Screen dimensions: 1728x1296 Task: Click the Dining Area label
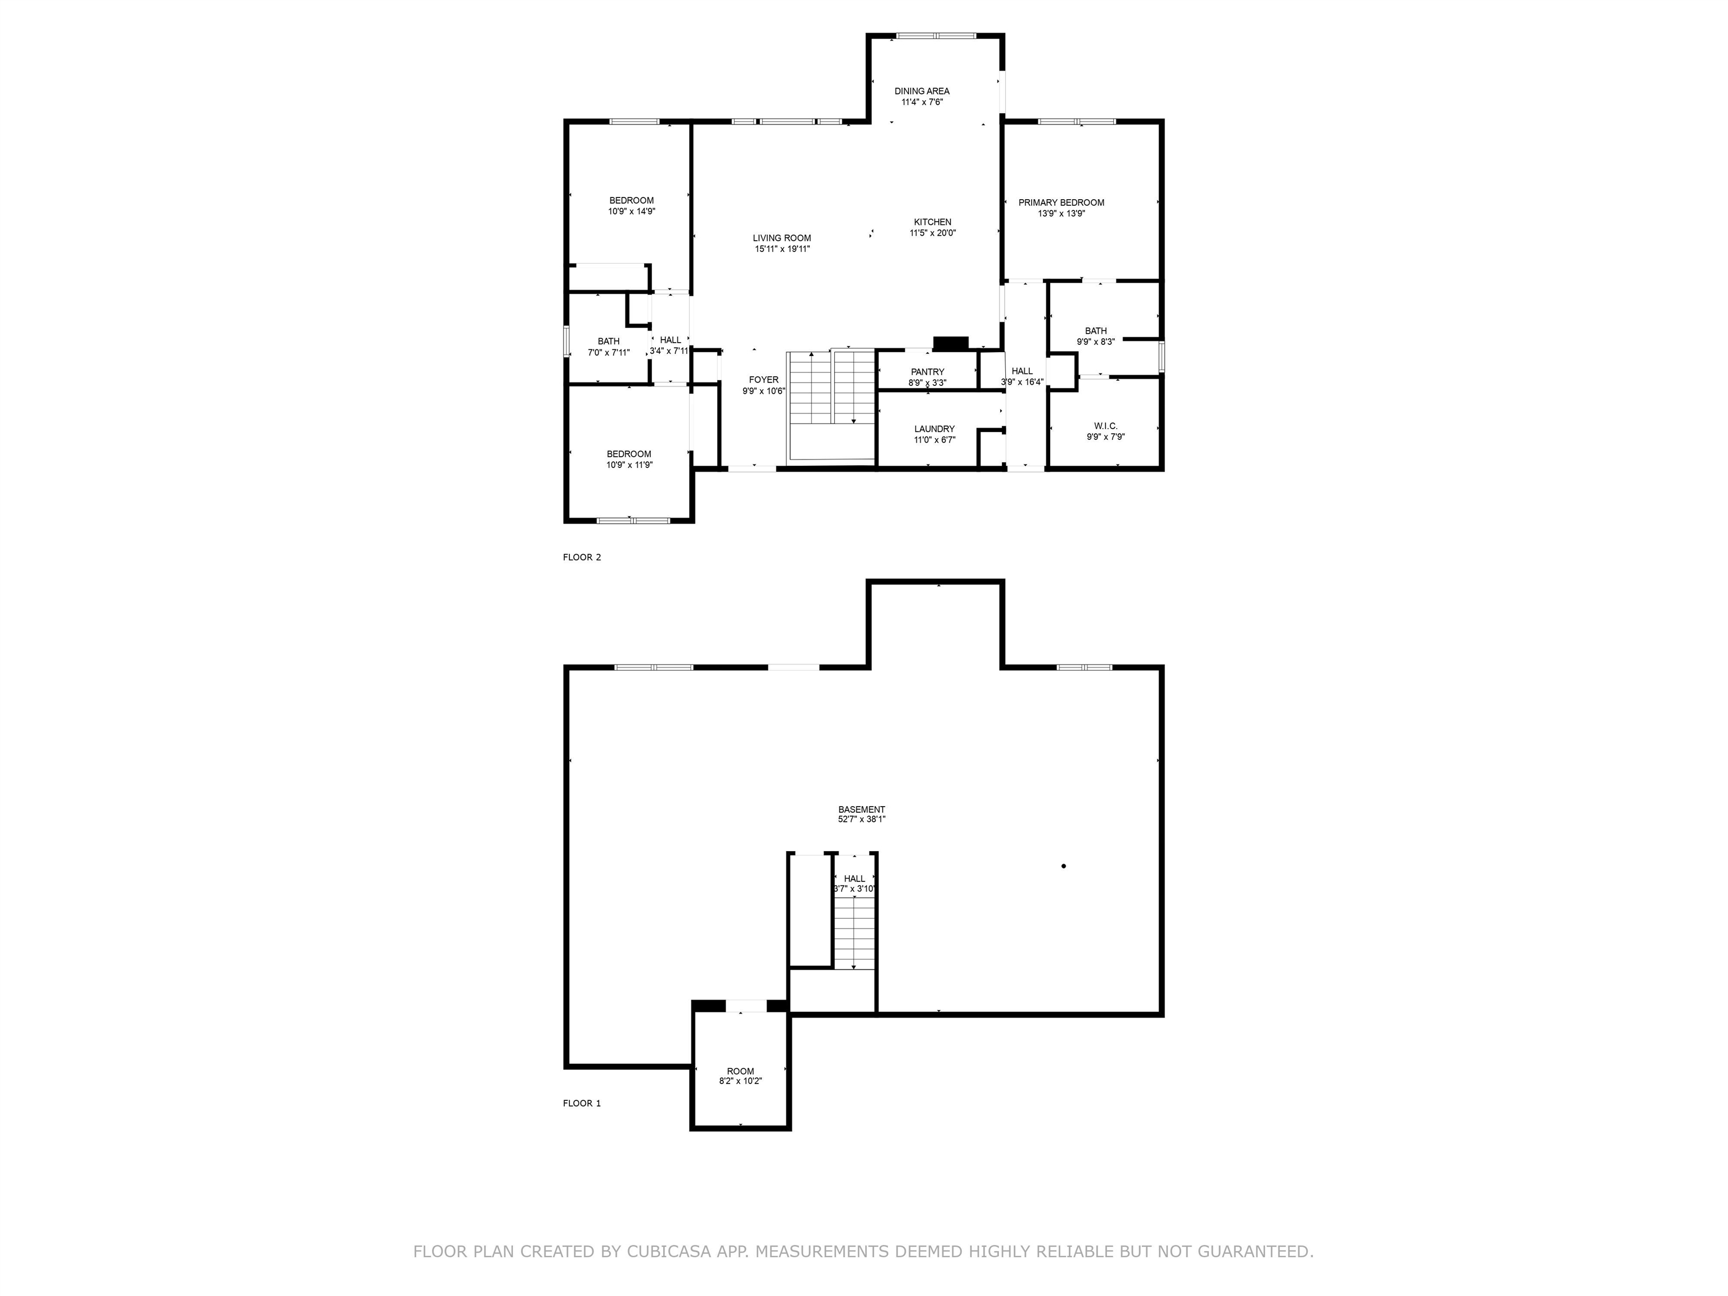[922, 91]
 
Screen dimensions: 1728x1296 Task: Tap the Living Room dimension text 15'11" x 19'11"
[782, 249]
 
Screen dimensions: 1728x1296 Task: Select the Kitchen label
[933, 222]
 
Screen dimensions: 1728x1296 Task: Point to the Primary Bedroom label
[1061, 202]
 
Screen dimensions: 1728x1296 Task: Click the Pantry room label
[927, 372]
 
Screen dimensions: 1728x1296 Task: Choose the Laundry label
[934, 429]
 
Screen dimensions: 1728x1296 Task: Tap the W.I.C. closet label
[1105, 426]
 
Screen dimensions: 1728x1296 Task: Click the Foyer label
[763, 380]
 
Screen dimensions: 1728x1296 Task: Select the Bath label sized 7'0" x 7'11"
[609, 341]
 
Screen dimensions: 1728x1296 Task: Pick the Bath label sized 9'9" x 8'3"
[1095, 331]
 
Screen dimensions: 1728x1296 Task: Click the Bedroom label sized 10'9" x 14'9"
[631, 201]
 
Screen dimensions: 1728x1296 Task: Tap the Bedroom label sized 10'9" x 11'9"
[629, 454]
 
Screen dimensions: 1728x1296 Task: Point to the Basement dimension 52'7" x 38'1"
[862, 820]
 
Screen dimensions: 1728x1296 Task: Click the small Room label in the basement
[741, 1071]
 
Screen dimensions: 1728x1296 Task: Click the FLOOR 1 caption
[582, 1103]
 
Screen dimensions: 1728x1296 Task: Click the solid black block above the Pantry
[951, 343]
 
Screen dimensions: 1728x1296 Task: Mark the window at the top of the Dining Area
[936, 35]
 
